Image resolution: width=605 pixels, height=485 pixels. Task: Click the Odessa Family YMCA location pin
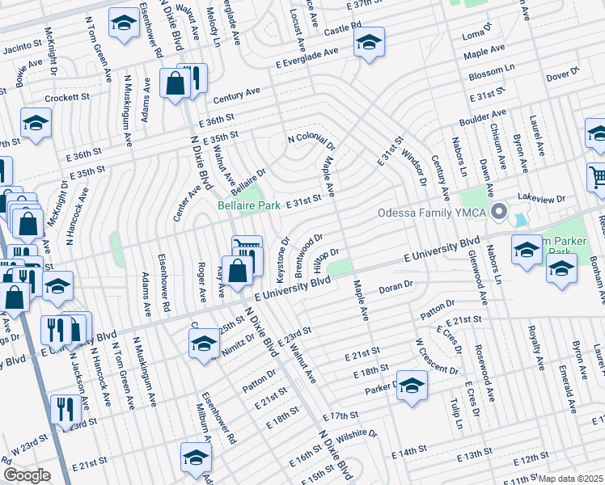[x=499, y=213]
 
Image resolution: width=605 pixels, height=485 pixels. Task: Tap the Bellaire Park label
[x=249, y=205]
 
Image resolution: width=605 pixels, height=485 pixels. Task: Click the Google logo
[x=27, y=475]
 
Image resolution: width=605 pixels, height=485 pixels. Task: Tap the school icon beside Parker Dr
[x=412, y=385]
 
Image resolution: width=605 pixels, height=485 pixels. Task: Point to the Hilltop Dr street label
[x=324, y=260]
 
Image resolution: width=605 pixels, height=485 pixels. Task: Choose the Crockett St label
[x=67, y=97]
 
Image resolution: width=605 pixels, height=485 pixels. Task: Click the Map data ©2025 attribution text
[x=571, y=479]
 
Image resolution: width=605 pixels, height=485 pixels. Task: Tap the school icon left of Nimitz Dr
[x=205, y=344]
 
